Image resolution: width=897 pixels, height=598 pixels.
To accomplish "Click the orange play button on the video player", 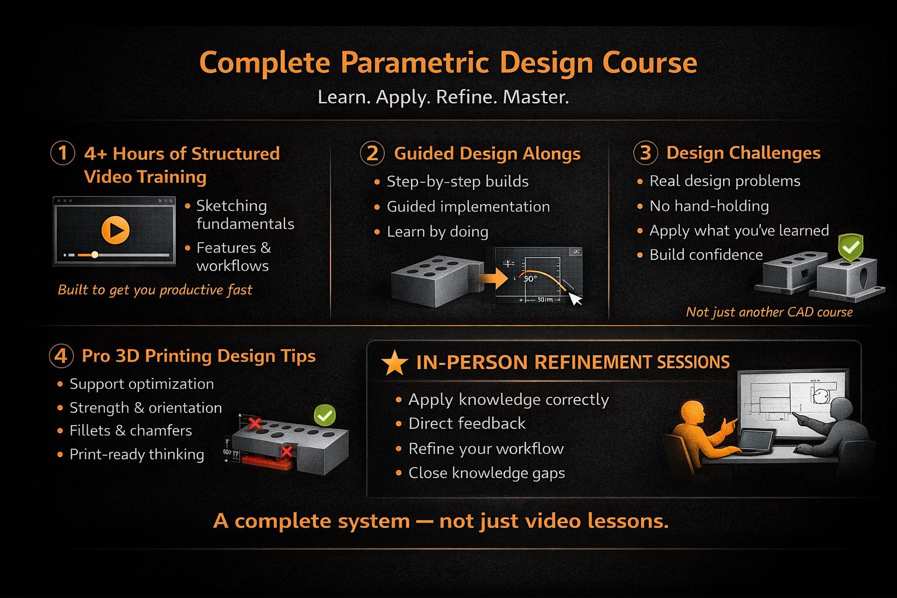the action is click(x=115, y=230).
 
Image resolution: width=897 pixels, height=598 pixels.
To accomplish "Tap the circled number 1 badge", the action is click(x=62, y=152).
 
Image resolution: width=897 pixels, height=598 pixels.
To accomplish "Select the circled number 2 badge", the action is click(x=373, y=153).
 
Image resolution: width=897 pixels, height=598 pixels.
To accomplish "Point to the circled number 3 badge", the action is click(x=645, y=152).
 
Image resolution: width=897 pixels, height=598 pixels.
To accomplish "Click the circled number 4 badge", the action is click(x=61, y=356).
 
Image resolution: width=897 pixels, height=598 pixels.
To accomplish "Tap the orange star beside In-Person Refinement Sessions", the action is click(x=394, y=363).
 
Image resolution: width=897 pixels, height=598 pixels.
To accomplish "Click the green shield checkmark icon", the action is click(x=850, y=248).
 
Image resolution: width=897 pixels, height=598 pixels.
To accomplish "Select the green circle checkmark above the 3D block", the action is click(x=324, y=415).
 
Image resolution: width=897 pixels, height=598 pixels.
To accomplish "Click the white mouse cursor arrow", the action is click(x=575, y=299).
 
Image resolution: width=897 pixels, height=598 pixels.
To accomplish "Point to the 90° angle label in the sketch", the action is click(x=531, y=279).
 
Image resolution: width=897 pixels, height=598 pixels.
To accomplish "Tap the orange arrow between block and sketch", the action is click(x=493, y=278).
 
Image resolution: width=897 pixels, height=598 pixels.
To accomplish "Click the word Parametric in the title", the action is click(x=415, y=63).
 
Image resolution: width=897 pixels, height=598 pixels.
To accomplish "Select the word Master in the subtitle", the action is click(x=536, y=97).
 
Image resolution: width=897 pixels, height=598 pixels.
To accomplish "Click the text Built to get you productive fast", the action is click(x=155, y=290).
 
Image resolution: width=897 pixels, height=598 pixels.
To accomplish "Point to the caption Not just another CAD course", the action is click(x=769, y=312).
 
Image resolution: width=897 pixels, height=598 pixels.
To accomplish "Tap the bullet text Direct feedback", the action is click(x=467, y=423).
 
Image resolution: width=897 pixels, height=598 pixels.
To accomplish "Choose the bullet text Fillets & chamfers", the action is click(x=131, y=430).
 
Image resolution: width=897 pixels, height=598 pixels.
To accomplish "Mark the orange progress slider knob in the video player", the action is click(x=95, y=255).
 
